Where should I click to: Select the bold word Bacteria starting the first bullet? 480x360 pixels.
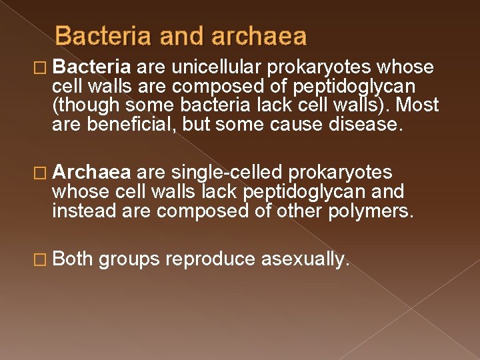point(93,67)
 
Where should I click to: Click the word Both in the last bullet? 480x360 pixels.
point(73,259)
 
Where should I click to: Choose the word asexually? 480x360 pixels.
point(305,259)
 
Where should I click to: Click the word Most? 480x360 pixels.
point(418,105)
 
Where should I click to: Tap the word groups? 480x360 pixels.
point(129,259)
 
